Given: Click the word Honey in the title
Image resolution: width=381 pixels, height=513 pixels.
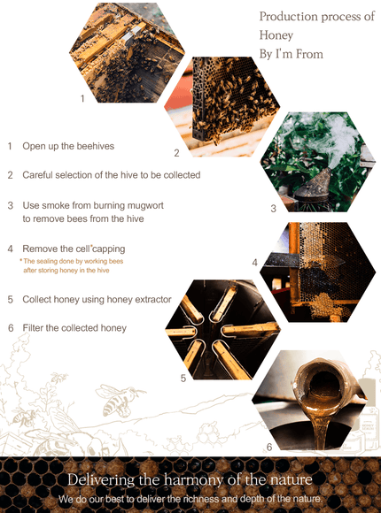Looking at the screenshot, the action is coord(276,35).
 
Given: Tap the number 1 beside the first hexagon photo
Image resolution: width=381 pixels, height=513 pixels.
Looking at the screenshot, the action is coord(82,98).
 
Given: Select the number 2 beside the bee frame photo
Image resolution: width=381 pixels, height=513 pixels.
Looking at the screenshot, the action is coord(176,153).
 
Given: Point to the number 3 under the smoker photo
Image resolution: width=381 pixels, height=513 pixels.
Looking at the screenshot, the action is coord(274,209).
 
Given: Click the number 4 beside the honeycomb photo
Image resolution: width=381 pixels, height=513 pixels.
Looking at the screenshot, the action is coord(255,263).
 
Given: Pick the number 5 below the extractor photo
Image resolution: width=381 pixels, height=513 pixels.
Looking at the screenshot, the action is coord(183,379).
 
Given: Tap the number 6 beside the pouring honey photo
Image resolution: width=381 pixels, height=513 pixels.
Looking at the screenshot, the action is coord(269,447).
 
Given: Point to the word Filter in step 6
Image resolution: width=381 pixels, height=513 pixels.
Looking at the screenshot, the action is coord(33,328).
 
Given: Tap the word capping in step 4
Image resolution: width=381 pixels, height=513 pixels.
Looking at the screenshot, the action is coord(109,249).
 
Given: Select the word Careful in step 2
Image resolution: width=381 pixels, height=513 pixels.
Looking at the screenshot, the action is coord(37,175).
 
